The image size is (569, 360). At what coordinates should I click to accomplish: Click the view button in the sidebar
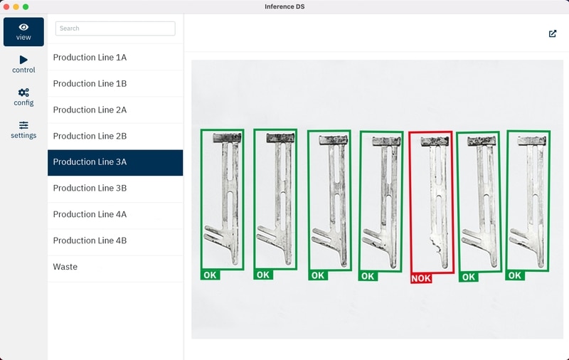[x=23, y=32]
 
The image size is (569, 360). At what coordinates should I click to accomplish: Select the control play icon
[x=23, y=60]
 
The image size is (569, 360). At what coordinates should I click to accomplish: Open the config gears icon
[x=23, y=92]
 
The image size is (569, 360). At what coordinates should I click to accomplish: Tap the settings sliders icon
[x=23, y=125]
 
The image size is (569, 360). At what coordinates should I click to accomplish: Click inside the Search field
[x=115, y=28]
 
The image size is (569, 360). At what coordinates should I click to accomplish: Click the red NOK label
[x=421, y=278]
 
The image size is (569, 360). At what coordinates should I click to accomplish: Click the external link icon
[x=553, y=33]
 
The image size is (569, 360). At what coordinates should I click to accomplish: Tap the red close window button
[x=6, y=6]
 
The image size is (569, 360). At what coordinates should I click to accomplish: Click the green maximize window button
[x=26, y=6]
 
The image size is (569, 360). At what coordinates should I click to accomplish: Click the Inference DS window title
[x=284, y=6]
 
